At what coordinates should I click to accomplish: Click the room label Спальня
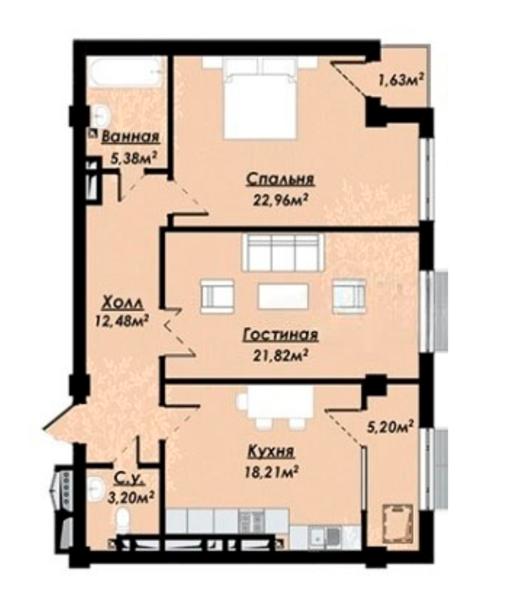(x=280, y=179)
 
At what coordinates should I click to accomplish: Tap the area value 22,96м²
(x=280, y=199)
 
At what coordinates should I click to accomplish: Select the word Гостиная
(x=280, y=334)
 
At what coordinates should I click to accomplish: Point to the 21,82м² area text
(x=280, y=355)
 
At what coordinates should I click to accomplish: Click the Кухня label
(x=271, y=451)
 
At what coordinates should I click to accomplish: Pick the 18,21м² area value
(x=271, y=471)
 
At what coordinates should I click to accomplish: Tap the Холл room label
(x=123, y=303)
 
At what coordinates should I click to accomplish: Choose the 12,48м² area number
(x=122, y=321)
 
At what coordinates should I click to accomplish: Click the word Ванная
(x=130, y=137)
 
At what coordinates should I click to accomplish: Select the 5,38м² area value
(x=134, y=157)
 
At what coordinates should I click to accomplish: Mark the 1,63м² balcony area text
(x=401, y=80)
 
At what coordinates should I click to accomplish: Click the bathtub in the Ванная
(x=127, y=71)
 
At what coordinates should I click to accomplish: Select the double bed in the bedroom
(x=260, y=97)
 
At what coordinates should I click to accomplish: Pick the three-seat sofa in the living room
(x=282, y=253)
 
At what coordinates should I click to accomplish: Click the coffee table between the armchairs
(x=283, y=296)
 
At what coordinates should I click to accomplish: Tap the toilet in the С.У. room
(x=123, y=520)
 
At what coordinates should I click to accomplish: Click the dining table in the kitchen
(x=280, y=403)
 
